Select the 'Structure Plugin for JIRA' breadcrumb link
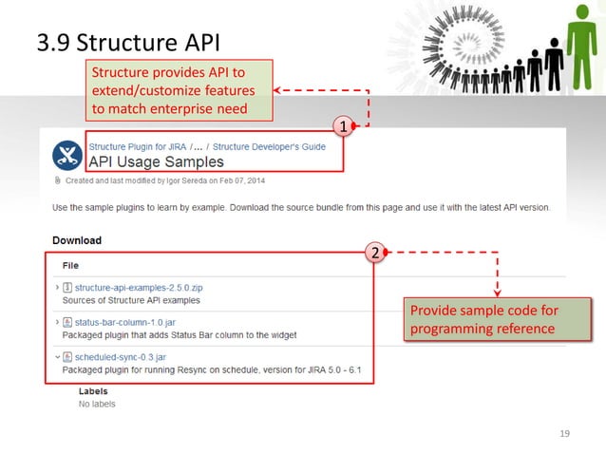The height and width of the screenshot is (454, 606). [x=138, y=147]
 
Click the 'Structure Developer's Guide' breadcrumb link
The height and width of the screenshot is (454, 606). [x=269, y=147]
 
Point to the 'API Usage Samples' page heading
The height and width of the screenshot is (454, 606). [x=156, y=162]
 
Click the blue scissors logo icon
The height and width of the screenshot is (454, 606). [x=67, y=154]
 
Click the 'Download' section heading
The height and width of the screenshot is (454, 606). [x=76, y=240]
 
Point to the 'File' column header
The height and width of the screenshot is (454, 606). [x=70, y=266]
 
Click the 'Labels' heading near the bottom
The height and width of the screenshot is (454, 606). [x=93, y=391]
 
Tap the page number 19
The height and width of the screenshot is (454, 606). [x=566, y=434]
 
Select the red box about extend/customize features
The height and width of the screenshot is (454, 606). [x=180, y=90]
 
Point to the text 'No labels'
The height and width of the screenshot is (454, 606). [x=97, y=404]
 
